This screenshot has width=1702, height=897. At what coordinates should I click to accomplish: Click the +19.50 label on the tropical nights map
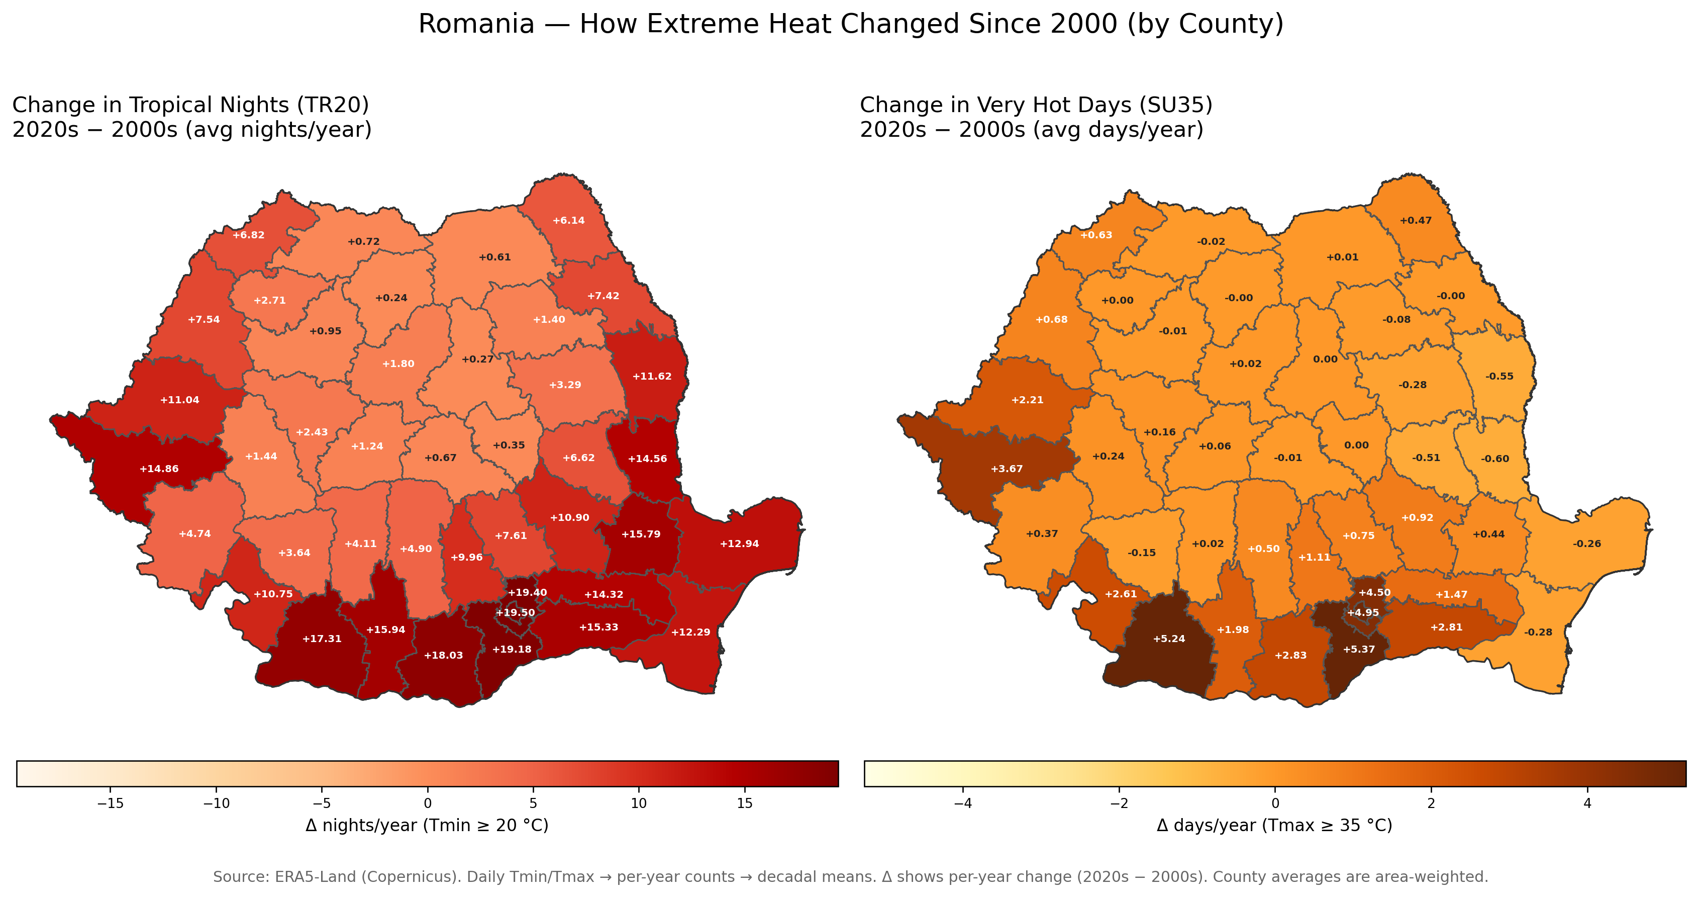click(516, 613)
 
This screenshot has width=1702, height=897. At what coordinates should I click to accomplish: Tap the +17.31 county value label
click(322, 639)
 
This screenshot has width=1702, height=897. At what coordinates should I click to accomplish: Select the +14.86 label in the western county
click(159, 469)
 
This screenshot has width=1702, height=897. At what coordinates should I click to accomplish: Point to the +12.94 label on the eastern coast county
click(739, 544)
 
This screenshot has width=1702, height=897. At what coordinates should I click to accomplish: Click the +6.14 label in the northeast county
click(569, 220)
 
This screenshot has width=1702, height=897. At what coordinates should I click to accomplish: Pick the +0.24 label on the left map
click(391, 298)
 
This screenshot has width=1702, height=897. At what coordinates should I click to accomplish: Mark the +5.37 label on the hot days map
click(1359, 649)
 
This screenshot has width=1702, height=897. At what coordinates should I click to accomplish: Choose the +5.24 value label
click(1169, 639)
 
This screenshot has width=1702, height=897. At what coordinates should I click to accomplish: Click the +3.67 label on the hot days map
click(1007, 469)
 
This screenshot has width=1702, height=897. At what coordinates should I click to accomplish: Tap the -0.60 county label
click(1494, 458)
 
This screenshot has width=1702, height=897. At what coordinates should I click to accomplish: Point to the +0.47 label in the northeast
click(1416, 220)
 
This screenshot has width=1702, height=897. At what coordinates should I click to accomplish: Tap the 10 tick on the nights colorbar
click(639, 803)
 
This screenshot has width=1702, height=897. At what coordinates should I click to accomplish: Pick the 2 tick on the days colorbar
click(1431, 803)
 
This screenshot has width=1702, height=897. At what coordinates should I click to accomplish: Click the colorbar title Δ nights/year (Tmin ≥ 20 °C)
click(427, 825)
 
